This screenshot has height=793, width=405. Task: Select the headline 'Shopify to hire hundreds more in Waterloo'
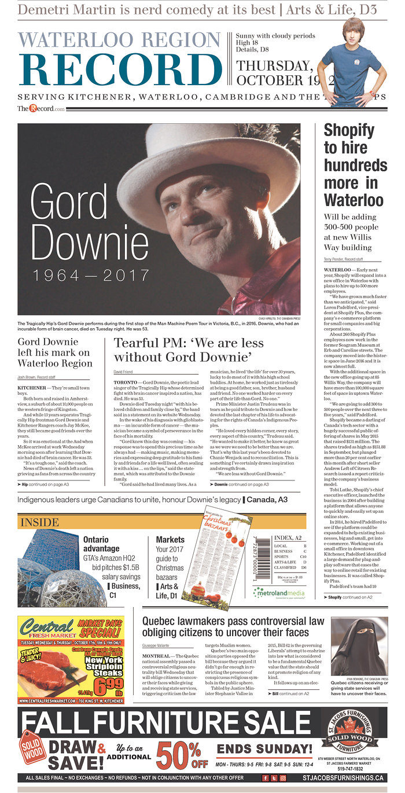pyautogui.click(x=354, y=165)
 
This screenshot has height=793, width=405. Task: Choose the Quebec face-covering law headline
pyautogui.click(x=233, y=625)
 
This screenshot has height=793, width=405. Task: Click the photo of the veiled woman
pyautogui.click(x=359, y=645)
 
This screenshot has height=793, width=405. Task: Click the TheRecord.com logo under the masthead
pyautogui.click(x=41, y=108)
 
